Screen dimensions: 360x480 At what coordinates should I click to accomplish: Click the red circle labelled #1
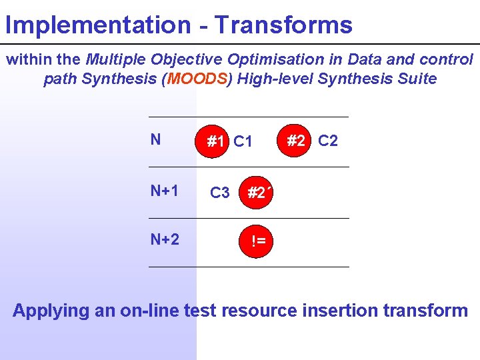[x=215, y=141]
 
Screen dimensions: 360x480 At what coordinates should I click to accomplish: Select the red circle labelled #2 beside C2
[x=296, y=141]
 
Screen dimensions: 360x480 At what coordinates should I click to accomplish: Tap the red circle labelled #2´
[x=258, y=193]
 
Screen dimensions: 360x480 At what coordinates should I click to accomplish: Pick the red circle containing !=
[x=259, y=241]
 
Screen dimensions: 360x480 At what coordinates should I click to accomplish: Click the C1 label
[x=243, y=142]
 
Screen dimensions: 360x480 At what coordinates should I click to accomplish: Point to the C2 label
[x=328, y=141]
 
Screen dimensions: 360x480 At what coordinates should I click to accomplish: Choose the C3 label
[x=220, y=193]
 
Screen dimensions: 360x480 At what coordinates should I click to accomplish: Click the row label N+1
[x=164, y=191]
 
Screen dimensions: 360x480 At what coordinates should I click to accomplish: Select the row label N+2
[x=165, y=239]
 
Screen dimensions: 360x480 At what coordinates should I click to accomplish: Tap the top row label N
[x=155, y=139]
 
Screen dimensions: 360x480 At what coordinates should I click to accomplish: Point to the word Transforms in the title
[x=283, y=25]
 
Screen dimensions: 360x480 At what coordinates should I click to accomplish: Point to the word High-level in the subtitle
[x=275, y=79]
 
